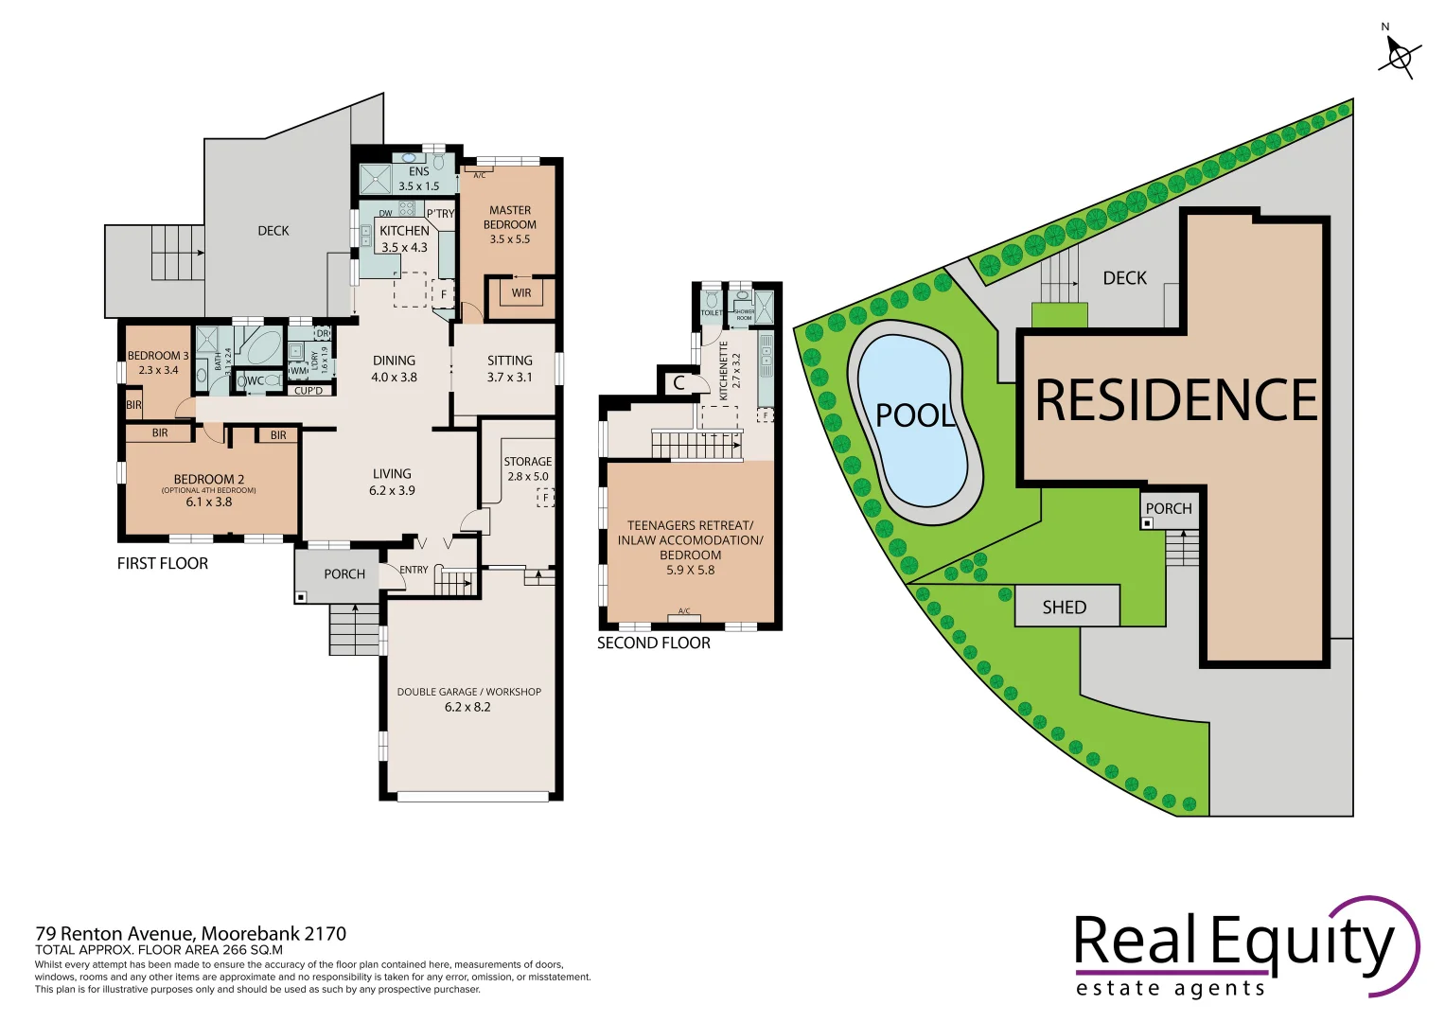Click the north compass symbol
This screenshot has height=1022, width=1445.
pos(1399,56)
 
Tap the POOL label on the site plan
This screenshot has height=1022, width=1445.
pos(914,415)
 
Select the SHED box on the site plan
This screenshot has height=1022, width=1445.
pos(1066,607)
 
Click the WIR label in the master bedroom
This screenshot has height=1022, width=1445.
pos(521,293)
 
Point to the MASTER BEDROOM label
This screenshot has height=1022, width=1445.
pos(510,224)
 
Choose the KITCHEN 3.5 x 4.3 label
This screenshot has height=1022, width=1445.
pos(404,238)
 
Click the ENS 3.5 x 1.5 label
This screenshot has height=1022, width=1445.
pos(418,179)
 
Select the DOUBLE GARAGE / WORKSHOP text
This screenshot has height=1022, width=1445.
pos(468,692)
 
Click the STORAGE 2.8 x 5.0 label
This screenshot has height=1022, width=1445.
pos(527,468)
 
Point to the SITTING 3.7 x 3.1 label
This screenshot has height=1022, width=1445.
pos(509,368)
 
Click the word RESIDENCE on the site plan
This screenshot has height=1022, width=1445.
pos(1176,401)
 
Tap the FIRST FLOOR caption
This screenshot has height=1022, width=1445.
pos(163,563)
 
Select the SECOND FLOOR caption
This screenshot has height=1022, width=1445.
pos(653,643)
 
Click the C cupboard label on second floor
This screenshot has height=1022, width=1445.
pos(678,383)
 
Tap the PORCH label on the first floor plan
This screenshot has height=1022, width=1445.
pos(344,573)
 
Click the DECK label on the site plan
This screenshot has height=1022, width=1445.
pos(1124,278)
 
